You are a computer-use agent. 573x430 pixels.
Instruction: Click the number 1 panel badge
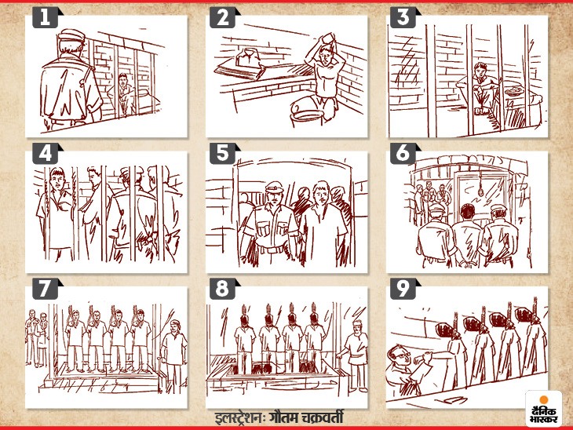[46, 18]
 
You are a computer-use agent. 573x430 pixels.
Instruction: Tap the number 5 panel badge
[223, 154]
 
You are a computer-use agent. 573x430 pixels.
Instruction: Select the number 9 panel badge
[403, 289]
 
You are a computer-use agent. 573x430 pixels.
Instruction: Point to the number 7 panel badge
[46, 289]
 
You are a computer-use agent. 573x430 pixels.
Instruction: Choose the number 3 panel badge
[403, 18]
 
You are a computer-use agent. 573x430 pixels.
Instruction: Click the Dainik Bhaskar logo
[544, 409]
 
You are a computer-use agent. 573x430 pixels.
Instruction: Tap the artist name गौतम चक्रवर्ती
[306, 417]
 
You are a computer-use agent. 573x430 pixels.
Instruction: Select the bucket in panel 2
[306, 111]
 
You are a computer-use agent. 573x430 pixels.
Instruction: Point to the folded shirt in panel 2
[248, 59]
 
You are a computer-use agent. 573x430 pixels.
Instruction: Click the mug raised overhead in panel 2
[327, 38]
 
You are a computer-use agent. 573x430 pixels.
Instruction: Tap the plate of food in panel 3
[515, 90]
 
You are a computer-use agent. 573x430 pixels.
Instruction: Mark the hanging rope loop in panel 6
[481, 186]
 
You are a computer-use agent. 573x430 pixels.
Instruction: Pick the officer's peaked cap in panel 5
[274, 188]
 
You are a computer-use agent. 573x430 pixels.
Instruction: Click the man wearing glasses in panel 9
[401, 369]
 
